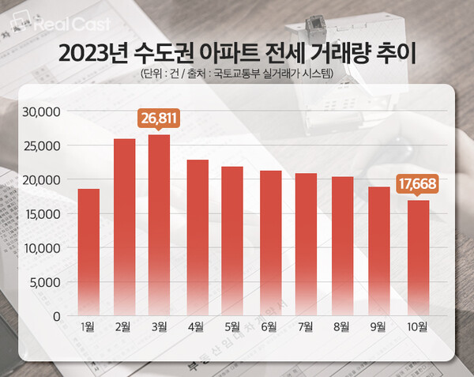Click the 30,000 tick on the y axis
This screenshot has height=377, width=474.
click(x=41, y=112)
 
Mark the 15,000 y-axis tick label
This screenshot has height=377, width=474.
click(x=41, y=214)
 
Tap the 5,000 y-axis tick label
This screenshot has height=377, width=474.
click(x=44, y=282)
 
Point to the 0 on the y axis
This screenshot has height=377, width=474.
click(x=55, y=316)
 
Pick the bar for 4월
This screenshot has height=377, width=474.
click(x=197, y=237)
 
